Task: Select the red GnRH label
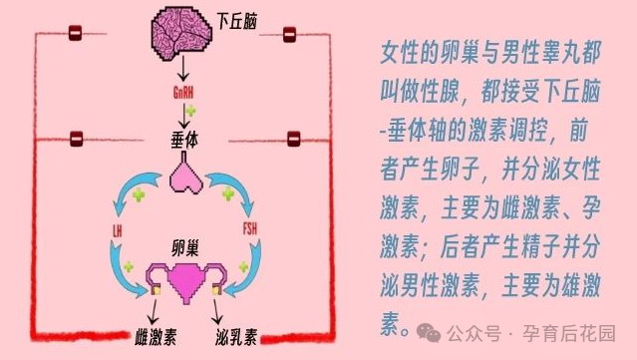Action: coord(184,93)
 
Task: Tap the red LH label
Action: coord(118,231)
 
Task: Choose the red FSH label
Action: coord(250,231)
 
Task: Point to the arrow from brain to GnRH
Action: coord(182,71)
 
